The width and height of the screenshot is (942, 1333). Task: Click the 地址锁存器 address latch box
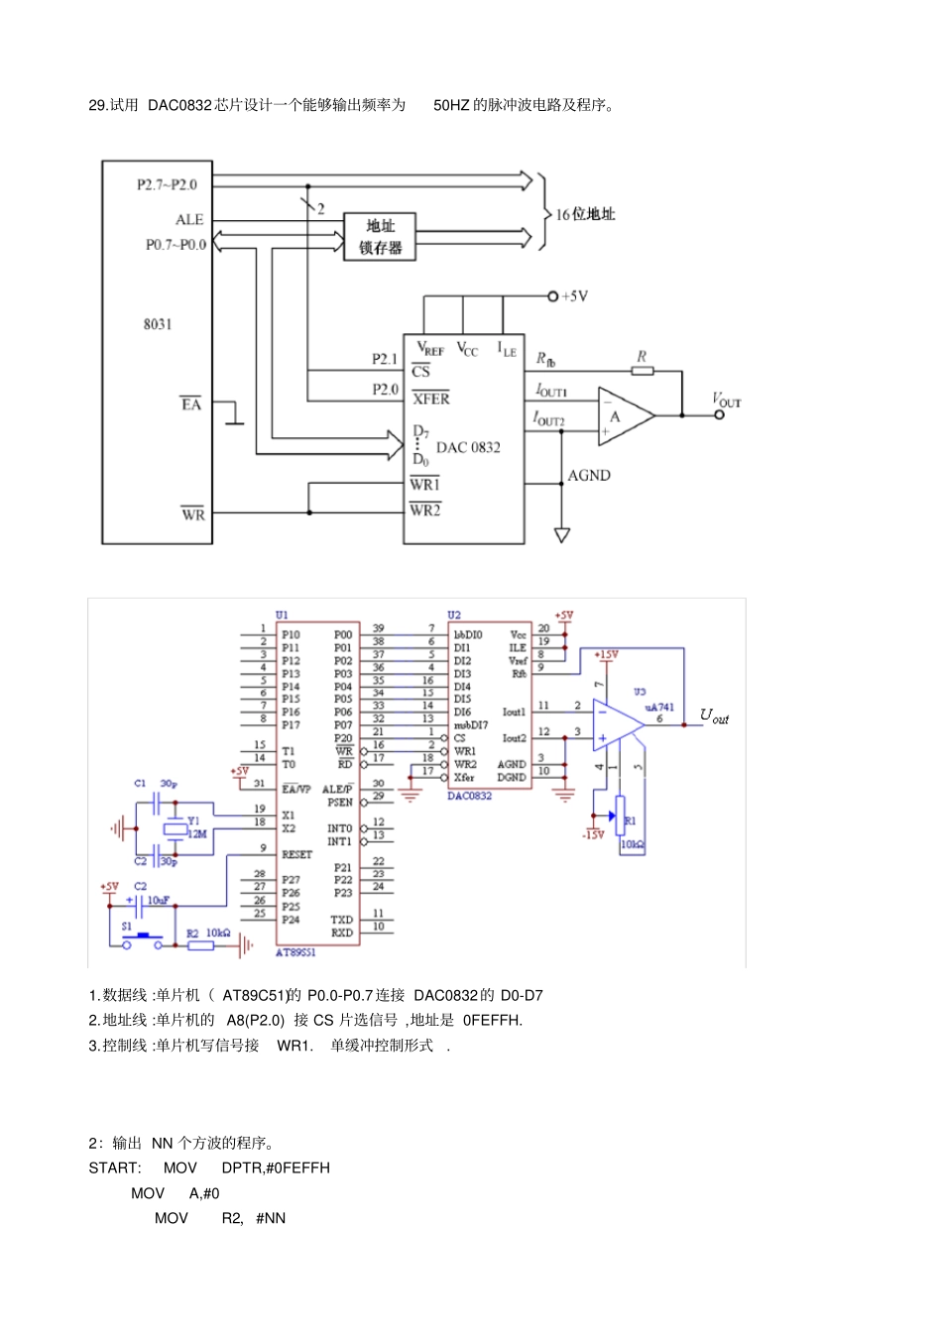tap(380, 237)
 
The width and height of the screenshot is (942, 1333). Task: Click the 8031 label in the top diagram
tap(158, 324)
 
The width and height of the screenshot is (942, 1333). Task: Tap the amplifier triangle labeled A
tap(622, 415)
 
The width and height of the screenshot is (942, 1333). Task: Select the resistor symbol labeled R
tap(643, 371)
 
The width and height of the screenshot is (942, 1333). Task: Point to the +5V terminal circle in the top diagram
tap(552, 295)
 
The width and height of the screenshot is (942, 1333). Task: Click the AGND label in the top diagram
tap(589, 476)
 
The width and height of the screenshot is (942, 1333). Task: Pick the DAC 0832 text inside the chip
tap(468, 447)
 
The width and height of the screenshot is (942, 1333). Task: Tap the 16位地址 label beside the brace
tap(585, 214)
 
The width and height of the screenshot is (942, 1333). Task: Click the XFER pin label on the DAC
tap(431, 398)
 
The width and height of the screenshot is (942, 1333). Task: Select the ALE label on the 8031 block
tap(189, 220)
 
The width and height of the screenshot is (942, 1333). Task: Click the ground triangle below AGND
tap(562, 535)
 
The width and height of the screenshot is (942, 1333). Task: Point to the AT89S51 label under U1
tap(295, 951)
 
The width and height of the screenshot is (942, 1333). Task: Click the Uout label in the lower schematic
tap(714, 716)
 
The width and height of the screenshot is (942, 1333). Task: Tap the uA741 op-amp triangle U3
tap(615, 723)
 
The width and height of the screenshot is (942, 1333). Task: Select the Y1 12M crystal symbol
tap(176, 829)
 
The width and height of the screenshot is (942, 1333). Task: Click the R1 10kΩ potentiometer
tap(621, 819)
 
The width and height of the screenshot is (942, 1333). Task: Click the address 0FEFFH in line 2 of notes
tap(492, 1020)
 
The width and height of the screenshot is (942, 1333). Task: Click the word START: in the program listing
tap(115, 1167)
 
